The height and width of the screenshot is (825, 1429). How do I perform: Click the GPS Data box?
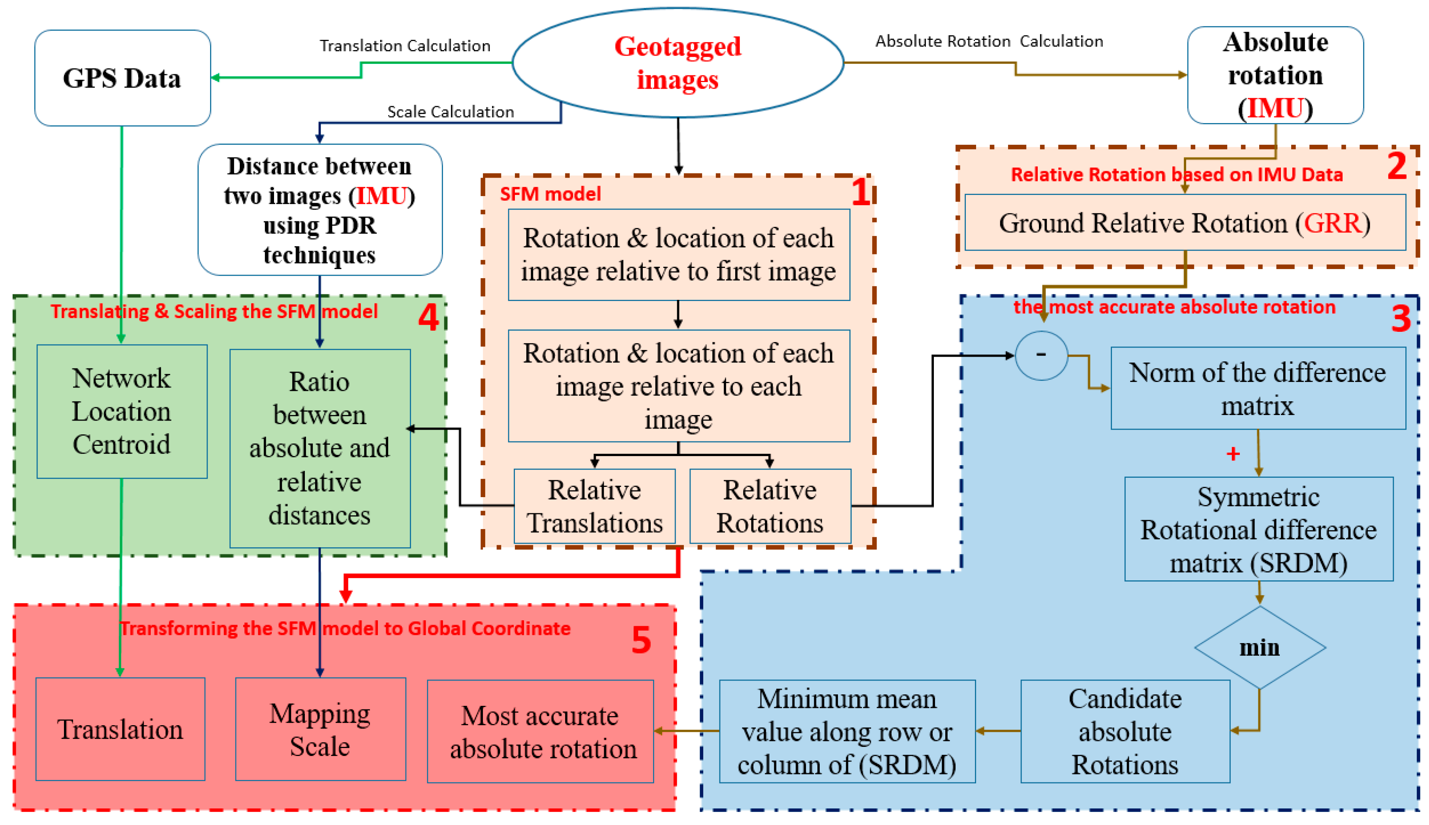122,78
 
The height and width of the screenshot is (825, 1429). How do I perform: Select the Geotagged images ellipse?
678,62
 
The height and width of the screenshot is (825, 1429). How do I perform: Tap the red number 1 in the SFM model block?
861,193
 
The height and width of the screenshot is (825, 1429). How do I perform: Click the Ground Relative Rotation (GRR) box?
1185,223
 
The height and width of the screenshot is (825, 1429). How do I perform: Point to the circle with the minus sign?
1041,355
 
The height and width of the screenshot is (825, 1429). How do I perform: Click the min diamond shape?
1260,647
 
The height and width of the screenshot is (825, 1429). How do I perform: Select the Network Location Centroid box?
121,412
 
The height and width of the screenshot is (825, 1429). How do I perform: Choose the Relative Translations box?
594,506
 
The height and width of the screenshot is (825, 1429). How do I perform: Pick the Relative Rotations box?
770,506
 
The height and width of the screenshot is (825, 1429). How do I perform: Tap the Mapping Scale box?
320,729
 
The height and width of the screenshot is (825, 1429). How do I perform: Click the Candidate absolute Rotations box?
1125,731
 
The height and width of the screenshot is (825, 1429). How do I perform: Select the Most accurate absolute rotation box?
541,731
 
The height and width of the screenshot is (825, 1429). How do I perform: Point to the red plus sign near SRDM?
1233,454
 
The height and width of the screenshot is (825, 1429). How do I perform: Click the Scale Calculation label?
450,112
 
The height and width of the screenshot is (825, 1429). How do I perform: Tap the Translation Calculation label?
405,45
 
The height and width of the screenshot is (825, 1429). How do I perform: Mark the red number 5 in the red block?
641,641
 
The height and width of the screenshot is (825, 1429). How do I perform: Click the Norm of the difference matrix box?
1258,389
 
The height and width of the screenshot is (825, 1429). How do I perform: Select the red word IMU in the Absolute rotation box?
1275,108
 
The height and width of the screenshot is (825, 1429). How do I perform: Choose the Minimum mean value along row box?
847,731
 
